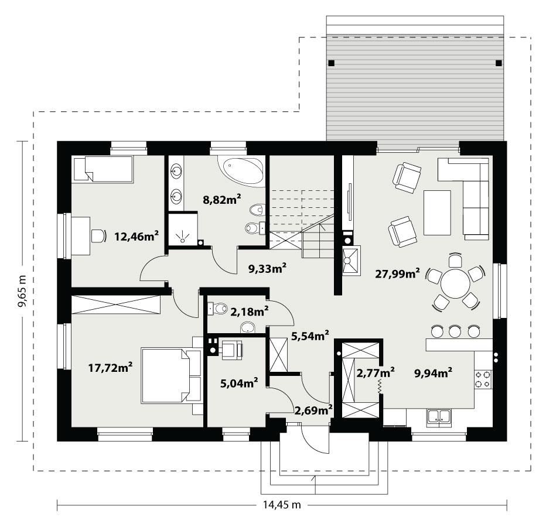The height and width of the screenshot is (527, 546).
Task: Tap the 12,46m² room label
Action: tap(137, 237)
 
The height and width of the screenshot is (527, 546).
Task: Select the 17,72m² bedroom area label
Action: tap(110, 368)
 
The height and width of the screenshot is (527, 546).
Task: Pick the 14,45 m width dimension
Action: tap(282, 505)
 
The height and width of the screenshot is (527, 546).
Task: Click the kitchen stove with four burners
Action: tap(483, 379)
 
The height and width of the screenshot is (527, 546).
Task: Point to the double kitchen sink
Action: tap(439, 416)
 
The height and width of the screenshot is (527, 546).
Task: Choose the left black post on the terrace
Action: tap(331, 63)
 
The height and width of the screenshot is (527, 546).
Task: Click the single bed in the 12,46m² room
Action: tap(102, 169)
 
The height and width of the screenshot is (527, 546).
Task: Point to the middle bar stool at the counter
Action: tap(455, 331)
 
